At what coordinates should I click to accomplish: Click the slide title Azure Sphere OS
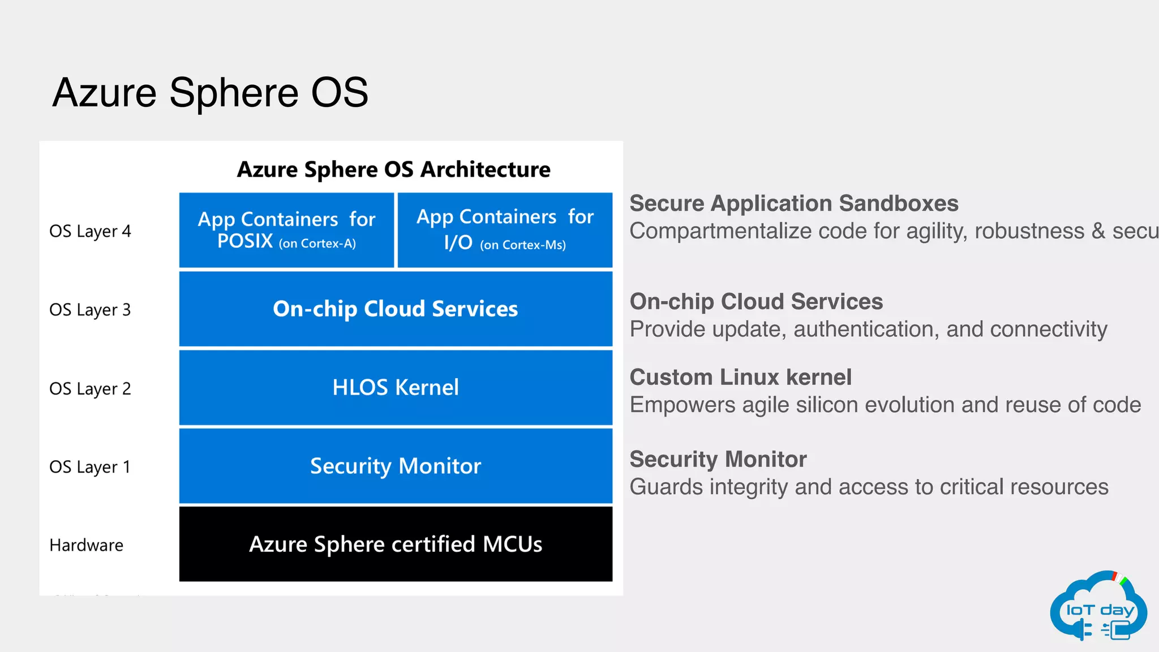coord(210,92)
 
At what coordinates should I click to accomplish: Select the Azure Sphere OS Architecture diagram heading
coord(393,169)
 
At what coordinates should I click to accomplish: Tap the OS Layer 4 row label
coord(90,231)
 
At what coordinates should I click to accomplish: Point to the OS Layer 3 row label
coord(90,310)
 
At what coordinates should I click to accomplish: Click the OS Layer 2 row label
coord(90,388)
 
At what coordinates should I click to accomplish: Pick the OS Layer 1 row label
coord(90,467)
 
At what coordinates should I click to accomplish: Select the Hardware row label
coord(86,545)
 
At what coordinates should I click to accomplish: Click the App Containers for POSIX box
coord(286,230)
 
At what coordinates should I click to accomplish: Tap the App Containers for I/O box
coord(505,230)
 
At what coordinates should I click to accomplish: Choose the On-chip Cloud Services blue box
coord(396,309)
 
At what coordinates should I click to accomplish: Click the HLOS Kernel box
coord(396,388)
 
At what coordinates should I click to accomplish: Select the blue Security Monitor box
coord(396,466)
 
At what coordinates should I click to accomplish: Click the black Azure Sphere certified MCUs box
coord(396,544)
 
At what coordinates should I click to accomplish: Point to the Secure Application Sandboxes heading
coord(793,203)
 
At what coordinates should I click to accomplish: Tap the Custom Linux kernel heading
coord(740,377)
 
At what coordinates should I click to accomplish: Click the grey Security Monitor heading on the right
coord(718,459)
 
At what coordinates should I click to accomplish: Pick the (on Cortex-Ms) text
coord(523,245)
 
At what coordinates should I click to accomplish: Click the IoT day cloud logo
coord(1098,607)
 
